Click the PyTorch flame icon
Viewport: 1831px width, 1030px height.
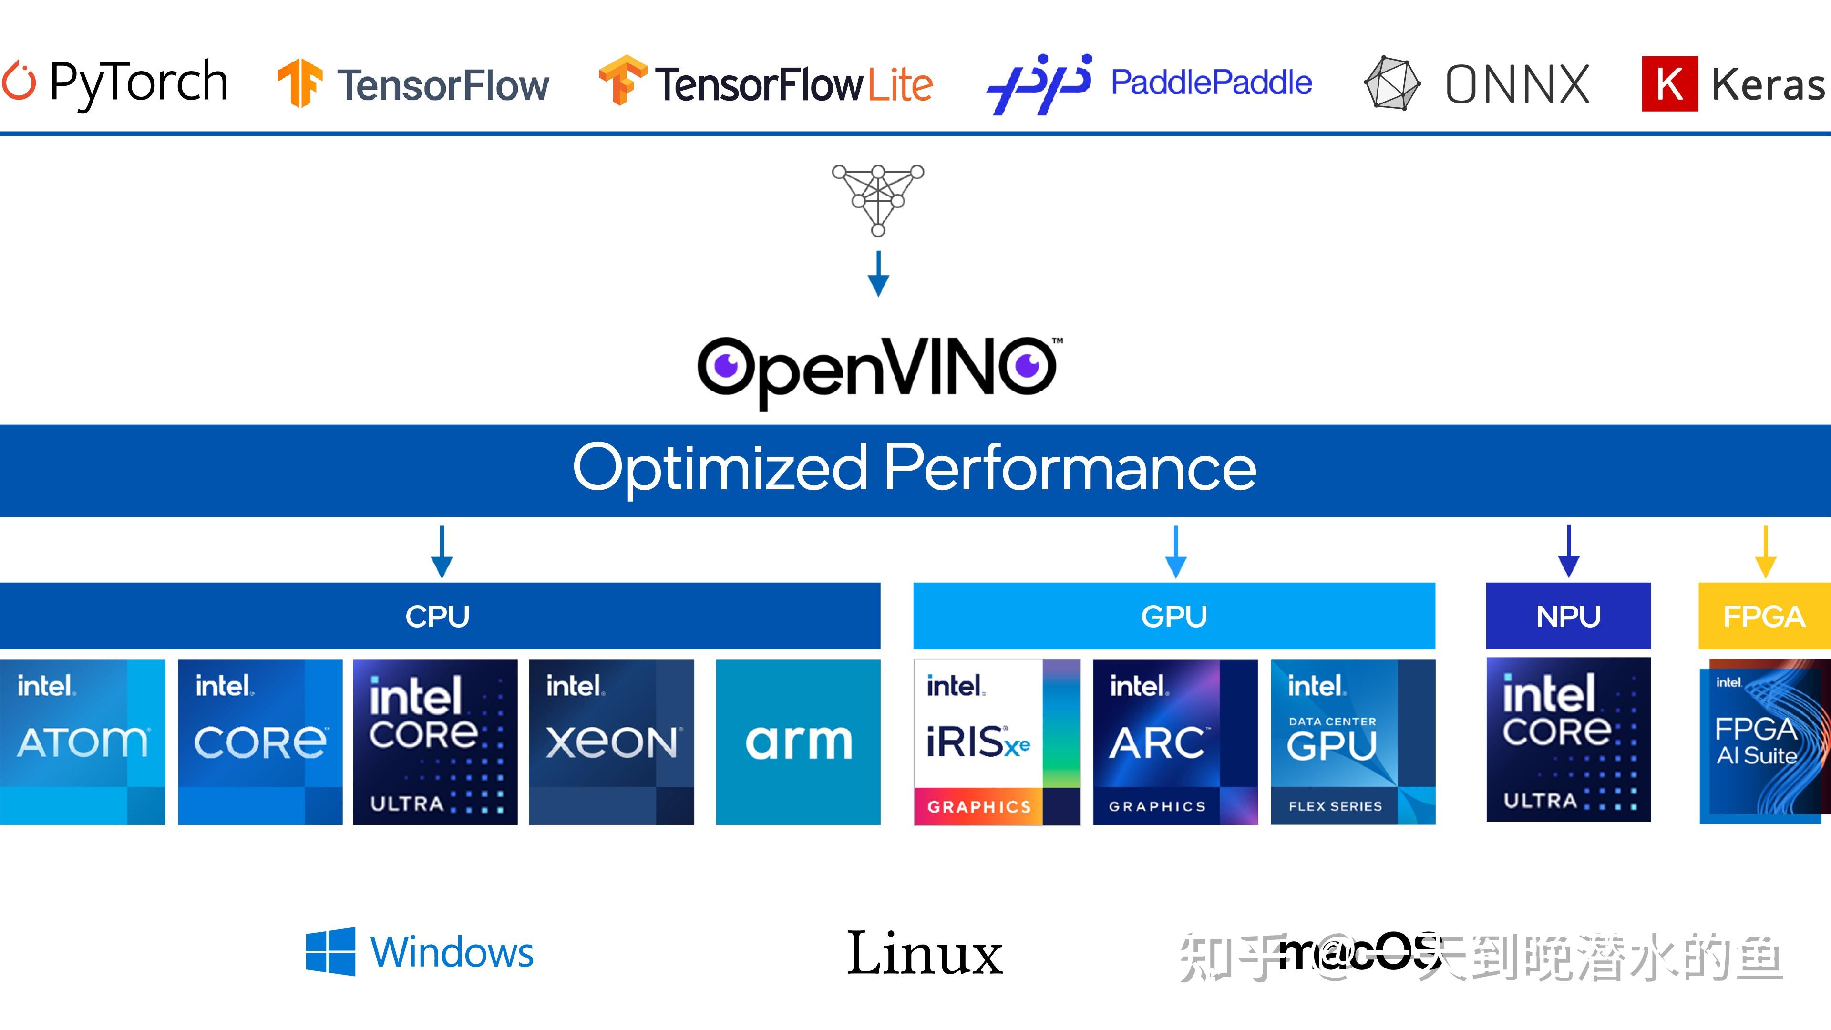(x=19, y=82)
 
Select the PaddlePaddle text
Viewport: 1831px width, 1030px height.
(x=1211, y=82)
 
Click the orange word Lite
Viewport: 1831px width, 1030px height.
(x=899, y=85)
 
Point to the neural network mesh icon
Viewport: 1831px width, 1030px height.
(x=878, y=199)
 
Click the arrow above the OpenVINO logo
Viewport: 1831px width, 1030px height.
(x=878, y=274)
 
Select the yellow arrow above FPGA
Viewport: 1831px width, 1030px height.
(x=1766, y=552)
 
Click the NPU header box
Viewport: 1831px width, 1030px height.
(x=1568, y=616)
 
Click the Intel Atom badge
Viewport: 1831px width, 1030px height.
(x=82, y=742)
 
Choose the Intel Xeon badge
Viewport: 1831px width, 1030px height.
(x=611, y=742)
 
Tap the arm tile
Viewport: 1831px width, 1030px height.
(x=798, y=742)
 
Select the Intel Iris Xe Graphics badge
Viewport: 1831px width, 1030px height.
(x=997, y=742)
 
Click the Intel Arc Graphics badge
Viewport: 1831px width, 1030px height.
(x=1175, y=742)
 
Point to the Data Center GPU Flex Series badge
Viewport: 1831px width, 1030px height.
(x=1353, y=742)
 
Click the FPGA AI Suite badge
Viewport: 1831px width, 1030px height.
(x=1764, y=742)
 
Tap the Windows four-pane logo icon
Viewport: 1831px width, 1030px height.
(x=330, y=951)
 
